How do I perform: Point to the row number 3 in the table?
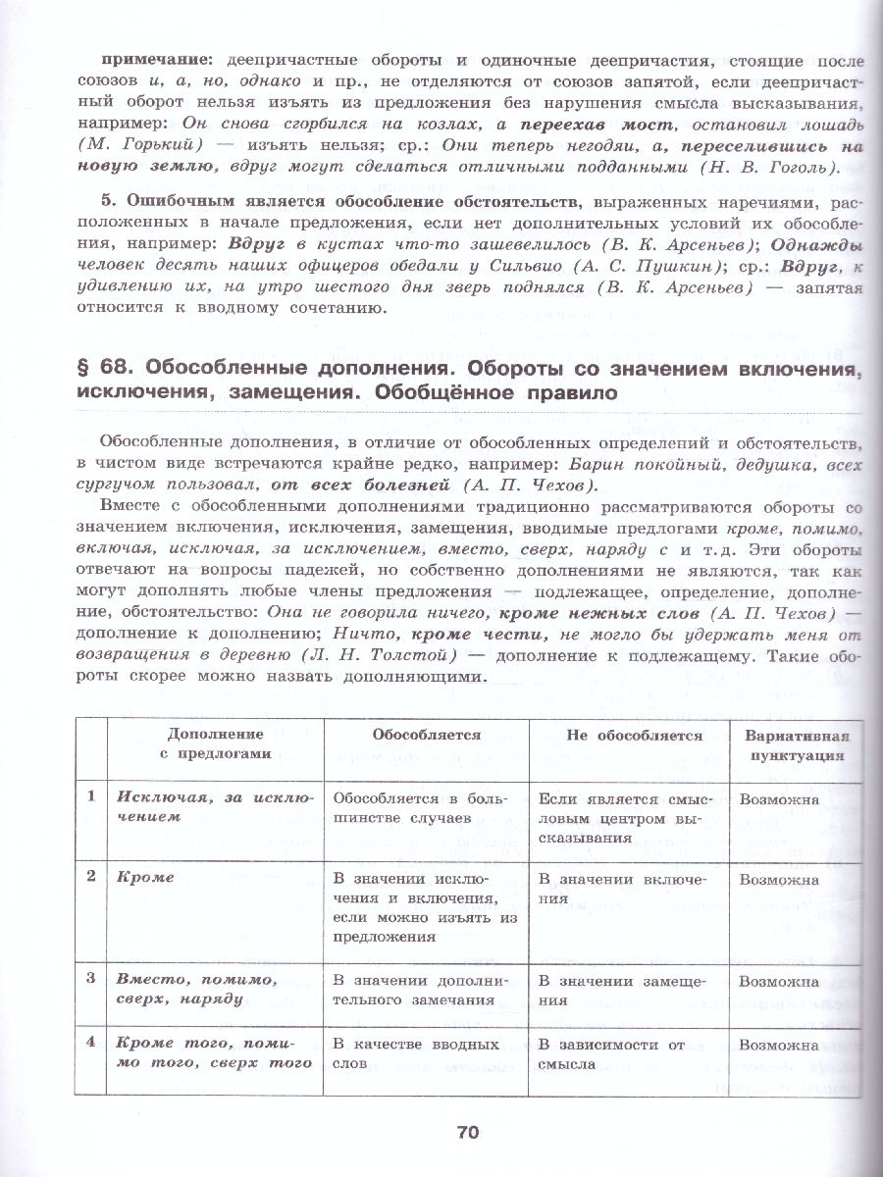(x=90, y=979)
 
